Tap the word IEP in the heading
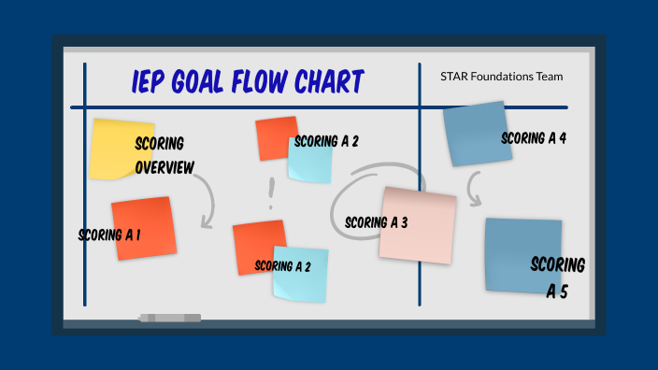click(x=151, y=82)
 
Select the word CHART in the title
click(x=323, y=82)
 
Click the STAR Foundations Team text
click(x=502, y=77)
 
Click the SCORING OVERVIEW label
click(x=164, y=155)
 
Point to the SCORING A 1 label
click(x=109, y=235)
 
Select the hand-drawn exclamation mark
click(x=271, y=194)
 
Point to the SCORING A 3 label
click(x=376, y=222)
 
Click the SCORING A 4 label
click(x=534, y=138)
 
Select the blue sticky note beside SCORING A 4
click(x=475, y=134)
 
